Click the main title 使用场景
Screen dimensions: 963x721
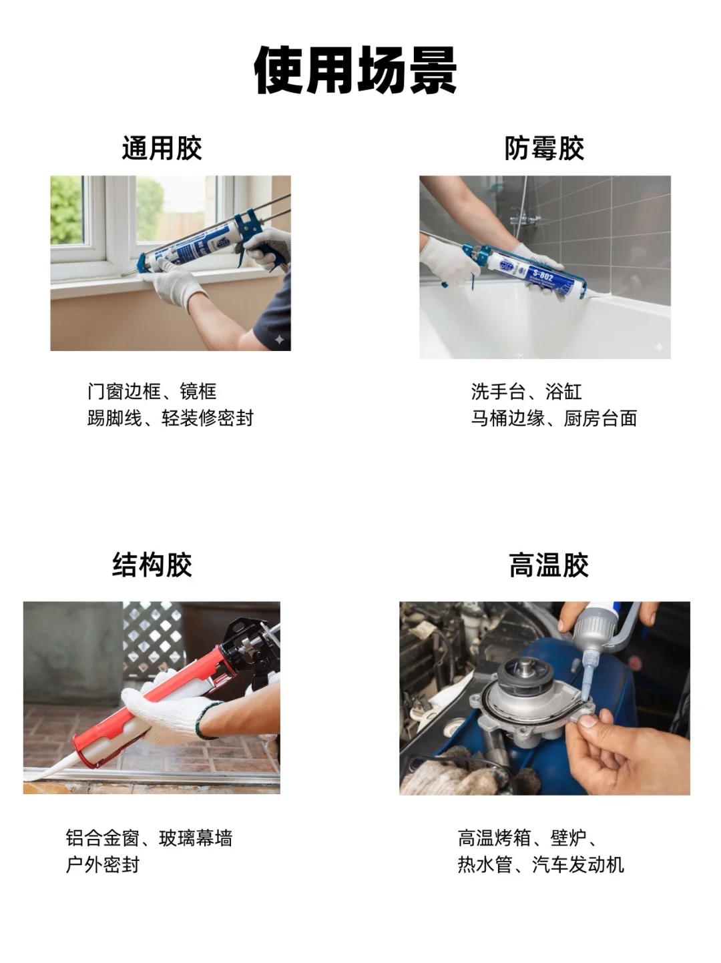click(355, 71)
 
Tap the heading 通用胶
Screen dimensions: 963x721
click(162, 148)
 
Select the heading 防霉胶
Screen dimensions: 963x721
click(544, 148)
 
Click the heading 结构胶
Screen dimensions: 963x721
click(152, 565)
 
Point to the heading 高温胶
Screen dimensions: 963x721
click(549, 565)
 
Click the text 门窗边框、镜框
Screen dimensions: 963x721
click(152, 392)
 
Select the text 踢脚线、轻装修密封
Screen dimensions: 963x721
click(170, 418)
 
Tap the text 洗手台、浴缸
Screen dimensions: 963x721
click(526, 392)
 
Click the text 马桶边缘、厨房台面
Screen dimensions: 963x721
click(553, 418)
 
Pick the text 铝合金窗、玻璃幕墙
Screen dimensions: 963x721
click(149, 838)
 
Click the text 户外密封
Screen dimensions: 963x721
click(102, 865)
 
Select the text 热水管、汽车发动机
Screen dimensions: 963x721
click(541, 865)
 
